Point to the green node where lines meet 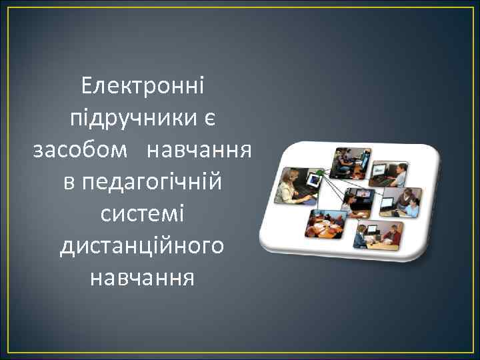319,173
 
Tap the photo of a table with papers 325,225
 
